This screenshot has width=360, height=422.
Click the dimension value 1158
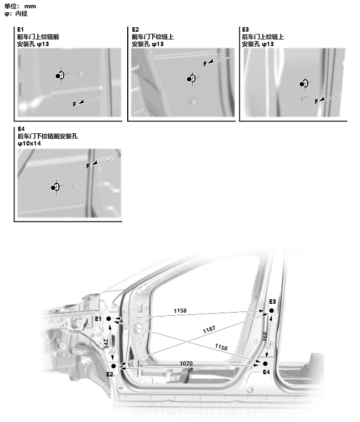pos(180,310)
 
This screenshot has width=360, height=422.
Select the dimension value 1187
pos(209,329)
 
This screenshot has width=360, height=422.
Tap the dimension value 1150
pos(221,347)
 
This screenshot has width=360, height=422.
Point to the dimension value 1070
pos(186,363)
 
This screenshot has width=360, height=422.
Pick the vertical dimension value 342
pos(106,344)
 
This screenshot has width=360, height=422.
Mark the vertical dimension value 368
pos(265,336)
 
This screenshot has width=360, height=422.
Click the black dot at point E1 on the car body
pos(109,319)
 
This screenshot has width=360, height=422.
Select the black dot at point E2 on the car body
pos(113,366)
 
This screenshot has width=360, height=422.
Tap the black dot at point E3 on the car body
pos(272,310)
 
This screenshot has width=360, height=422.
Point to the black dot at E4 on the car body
pos(265,364)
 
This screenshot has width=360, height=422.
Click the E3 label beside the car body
pos(272,302)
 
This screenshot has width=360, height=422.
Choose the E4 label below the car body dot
pos(266,372)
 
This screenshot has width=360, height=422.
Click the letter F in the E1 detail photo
pos(74,104)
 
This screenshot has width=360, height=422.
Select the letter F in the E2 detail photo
pos(205,64)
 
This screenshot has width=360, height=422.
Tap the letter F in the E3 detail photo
pos(316,102)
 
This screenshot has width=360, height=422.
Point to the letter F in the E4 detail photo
pos(88,166)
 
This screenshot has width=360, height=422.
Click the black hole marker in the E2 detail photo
pos(189,79)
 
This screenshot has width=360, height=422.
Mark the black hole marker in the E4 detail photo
pos(53,188)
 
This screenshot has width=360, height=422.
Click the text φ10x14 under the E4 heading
pos(29,143)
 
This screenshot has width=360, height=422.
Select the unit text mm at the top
pos(30,7)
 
